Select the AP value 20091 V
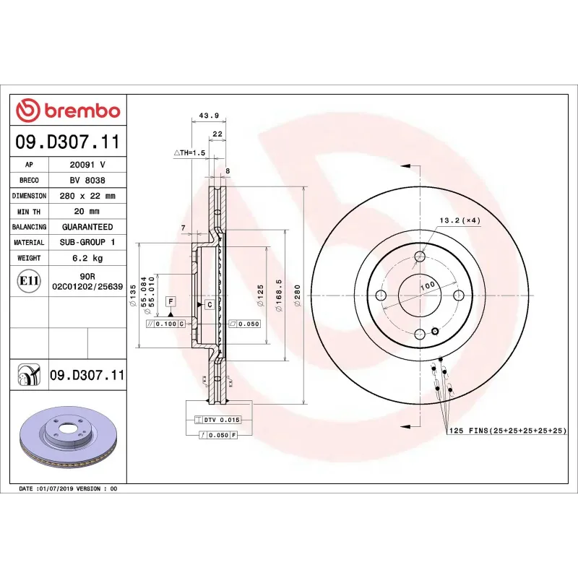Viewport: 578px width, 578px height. click(x=87, y=165)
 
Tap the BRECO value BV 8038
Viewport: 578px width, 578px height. click(x=87, y=181)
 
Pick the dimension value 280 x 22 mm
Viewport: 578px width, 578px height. click(x=87, y=196)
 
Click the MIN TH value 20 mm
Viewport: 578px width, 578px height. click(x=87, y=211)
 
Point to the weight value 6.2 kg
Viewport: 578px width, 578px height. click(x=87, y=257)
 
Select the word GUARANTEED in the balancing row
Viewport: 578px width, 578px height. click(x=87, y=227)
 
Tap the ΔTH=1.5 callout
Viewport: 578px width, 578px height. click(x=189, y=153)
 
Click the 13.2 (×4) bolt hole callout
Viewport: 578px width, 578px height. click(x=460, y=220)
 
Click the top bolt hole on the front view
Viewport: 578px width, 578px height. click(x=420, y=256)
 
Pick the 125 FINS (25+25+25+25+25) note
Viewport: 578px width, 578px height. click(x=507, y=431)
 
